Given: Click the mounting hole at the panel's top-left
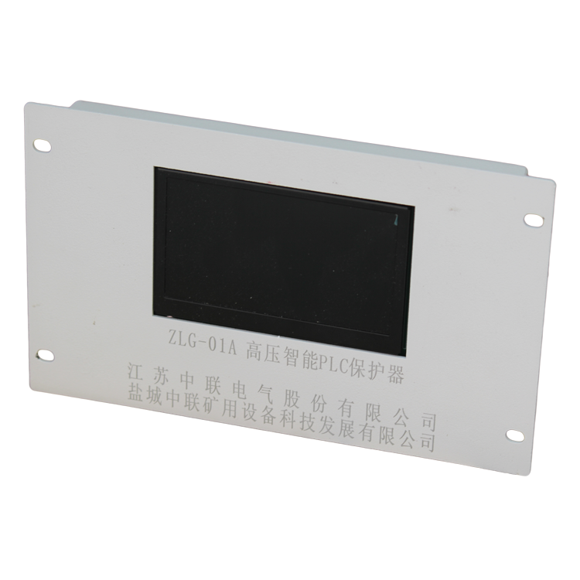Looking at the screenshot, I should [x=43, y=145].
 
